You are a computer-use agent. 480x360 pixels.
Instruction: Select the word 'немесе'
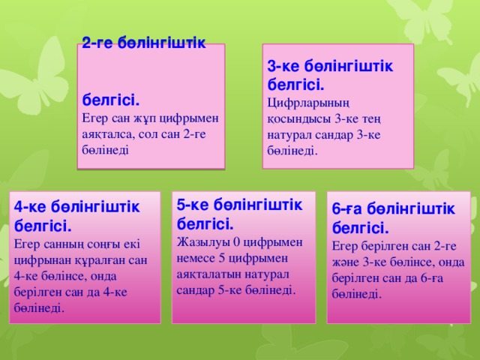click(196, 257)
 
